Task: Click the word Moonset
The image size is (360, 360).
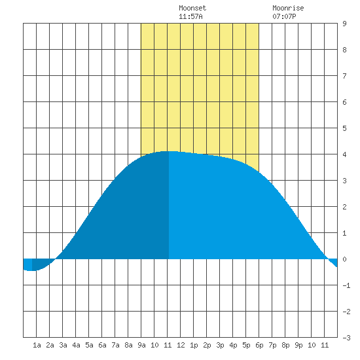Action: pyautogui.click(x=192, y=8)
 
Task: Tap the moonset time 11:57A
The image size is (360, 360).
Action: pyautogui.click(x=190, y=16)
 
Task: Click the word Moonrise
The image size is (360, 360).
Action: pyautogui.click(x=288, y=8)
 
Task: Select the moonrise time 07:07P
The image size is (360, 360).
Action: pyautogui.click(x=284, y=16)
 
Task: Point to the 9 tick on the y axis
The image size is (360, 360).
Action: pyautogui.click(x=344, y=24)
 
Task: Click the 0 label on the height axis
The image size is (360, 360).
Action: pyautogui.click(x=344, y=259)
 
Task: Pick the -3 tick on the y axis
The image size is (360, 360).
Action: pyautogui.click(x=346, y=338)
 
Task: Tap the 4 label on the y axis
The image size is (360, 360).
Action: pyautogui.click(x=344, y=154)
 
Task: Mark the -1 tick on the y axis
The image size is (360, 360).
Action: pyautogui.click(x=346, y=285)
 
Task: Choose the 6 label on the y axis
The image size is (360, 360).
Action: pyautogui.click(x=344, y=102)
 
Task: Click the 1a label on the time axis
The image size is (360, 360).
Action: pyautogui.click(x=37, y=345)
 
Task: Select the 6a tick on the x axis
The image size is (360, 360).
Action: pyautogui.click(x=102, y=345)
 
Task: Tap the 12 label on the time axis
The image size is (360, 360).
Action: pyautogui.click(x=181, y=345)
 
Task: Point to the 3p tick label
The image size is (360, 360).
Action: pyautogui.click(x=220, y=345)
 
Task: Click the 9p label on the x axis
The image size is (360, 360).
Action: pyautogui.click(x=298, y=345)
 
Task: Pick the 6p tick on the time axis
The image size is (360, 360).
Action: pyautogui.click(x=259, y=345)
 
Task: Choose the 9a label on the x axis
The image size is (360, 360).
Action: pyautogui.click(x=141, y=345)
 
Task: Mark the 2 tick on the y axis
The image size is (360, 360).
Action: pyautogui.click(x=344, y=207)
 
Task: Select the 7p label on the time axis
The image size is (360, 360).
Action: pyautogui.click(x=272, y=345)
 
